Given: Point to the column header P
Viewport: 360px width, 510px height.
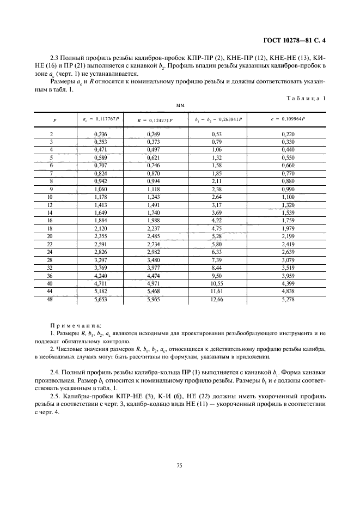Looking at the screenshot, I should click(x=54, y=119).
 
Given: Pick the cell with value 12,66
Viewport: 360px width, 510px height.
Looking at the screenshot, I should click(x=217, y=299).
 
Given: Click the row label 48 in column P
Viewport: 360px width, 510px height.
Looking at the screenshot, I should click(x=51, y=299).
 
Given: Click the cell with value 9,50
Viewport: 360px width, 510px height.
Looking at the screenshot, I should click(x=217, y=276).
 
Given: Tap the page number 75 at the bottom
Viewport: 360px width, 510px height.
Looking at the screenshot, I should click(x=180, y=465).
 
